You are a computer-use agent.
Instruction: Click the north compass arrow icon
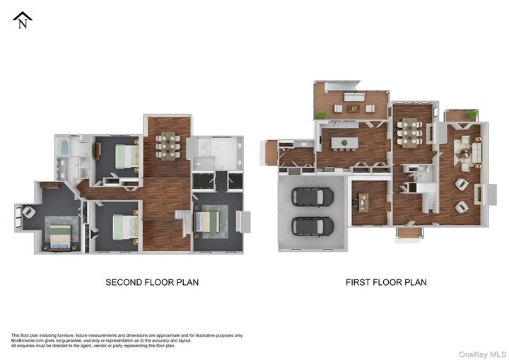click(x=23, y=20)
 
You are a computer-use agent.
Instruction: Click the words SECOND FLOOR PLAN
click(x=152, y=282)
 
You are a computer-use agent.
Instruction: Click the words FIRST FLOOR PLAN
click(x=386, y=282)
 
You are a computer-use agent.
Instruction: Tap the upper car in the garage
click(x=312, y=196)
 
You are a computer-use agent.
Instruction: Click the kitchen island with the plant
click(x=345, y=143)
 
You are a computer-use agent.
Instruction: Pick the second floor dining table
click(x=168, y=145)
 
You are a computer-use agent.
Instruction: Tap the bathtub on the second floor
click(x=63, y=148)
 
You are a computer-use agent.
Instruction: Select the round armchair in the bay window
click(x=28, y=211)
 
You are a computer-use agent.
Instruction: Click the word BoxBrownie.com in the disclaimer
click(x=27, y=340)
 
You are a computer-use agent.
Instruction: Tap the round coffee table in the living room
click(x=466, y=151)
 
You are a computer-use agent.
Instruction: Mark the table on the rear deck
click(x=353, y=108)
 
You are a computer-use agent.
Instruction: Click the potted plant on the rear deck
click(x=322, y=115)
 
